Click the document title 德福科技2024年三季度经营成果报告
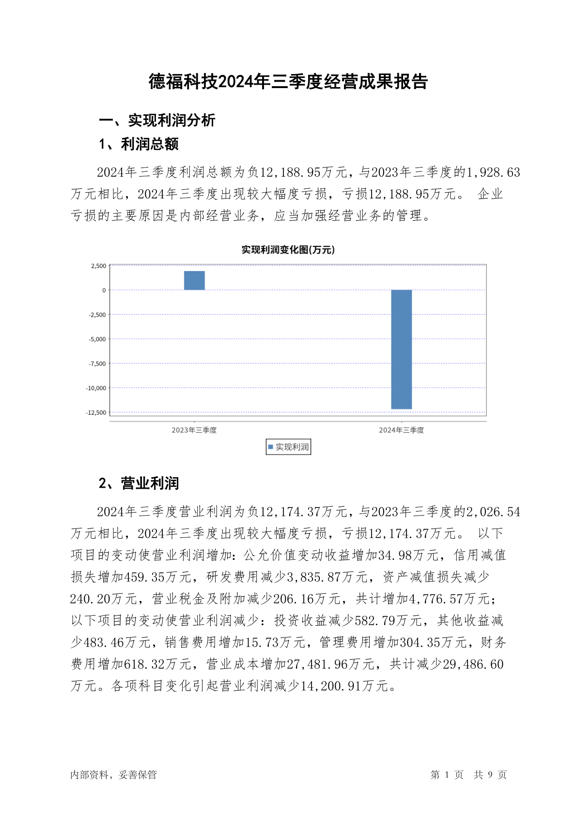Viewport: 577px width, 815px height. (288, 81)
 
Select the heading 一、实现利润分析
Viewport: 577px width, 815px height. (157, 120)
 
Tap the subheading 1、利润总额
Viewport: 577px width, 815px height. (139, 144)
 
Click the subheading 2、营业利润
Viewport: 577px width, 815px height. (139, 483)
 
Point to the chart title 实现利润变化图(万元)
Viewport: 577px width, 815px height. (288, 250)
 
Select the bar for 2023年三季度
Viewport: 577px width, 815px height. (194, 281)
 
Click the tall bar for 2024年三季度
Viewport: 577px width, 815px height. (401, 349)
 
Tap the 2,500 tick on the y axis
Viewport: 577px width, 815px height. (98, 266)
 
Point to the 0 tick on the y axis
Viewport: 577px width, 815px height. (104, 290)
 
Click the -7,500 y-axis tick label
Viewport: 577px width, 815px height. (97, 363)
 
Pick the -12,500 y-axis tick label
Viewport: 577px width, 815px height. (96, 412)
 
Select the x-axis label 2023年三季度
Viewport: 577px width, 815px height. (194, 430)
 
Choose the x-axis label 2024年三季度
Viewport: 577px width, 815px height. (401, 430)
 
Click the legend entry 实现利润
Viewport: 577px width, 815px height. (289, 447)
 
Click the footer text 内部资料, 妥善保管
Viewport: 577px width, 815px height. (113, 774)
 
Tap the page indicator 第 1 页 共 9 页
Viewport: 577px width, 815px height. (468, 774)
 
